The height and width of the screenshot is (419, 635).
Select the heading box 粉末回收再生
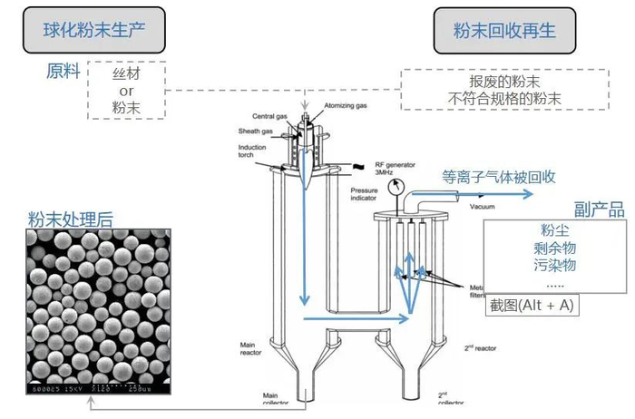point(505,30)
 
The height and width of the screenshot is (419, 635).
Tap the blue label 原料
point(63,71)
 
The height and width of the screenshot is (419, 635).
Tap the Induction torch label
point(252,151)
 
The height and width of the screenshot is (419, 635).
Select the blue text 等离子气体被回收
point(498,177)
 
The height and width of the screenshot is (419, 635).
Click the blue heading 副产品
point(600,210)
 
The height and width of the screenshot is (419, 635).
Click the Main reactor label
point(251,348)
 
